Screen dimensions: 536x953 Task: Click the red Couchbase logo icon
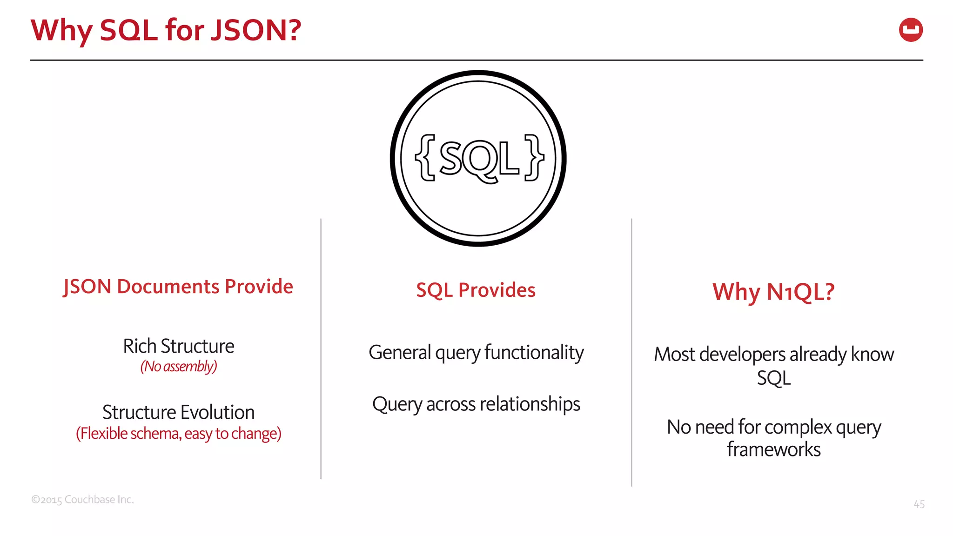[x=911, y=30]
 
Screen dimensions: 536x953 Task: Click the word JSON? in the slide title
[x=256, y=30]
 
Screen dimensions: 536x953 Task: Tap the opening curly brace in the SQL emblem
[x=425, y=158]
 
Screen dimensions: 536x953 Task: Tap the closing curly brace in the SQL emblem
[x=534, y=158]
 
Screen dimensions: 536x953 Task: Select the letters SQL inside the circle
[x=479, y=159]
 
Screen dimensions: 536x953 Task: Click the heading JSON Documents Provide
[x=178, y=287]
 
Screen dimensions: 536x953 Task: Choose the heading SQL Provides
[x=476, y=290]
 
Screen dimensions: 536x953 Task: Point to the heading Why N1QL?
[x=773, y=292]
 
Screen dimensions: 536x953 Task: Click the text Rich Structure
[x=178, y=346]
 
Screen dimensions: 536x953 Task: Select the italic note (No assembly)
[x=178, y=367]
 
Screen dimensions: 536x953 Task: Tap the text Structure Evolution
[x=178, y=412]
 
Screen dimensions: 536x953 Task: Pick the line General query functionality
[x=476, y=353]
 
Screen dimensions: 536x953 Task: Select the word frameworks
[x=773, y=449]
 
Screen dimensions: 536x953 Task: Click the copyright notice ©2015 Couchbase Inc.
[x=82, y=500]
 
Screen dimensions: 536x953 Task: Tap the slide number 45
[x=919, y=504]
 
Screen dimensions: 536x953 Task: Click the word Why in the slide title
[x=61, y=31]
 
